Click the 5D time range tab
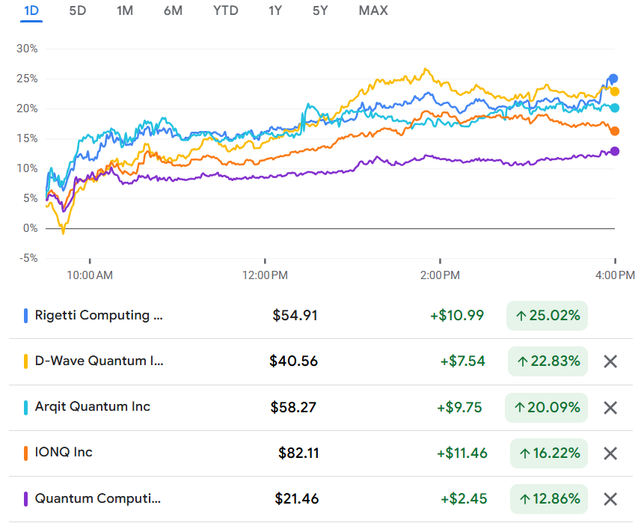[x=77, y=10]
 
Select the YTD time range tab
[x=225, y=10]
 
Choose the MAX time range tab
[x=373, y=10]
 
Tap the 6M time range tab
[x=173, y=10]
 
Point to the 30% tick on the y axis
[x=27, y=49]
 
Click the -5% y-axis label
[x=27, y=258]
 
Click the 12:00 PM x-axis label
[x=266, y=275]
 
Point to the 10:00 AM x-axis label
[x=90, y=275]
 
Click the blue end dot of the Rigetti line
[x=613, y=79]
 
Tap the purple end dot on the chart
[x=615, y=151]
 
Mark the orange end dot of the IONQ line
[x=615, y=131]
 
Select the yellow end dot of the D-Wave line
[x=615, y=91]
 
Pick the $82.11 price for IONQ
[x=298, y=453]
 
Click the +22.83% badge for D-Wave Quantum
[x=548, y=361]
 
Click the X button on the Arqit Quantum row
[x=610, y=408]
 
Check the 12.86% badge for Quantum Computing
[x=549, y=498]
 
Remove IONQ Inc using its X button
[x=610, y=453]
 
